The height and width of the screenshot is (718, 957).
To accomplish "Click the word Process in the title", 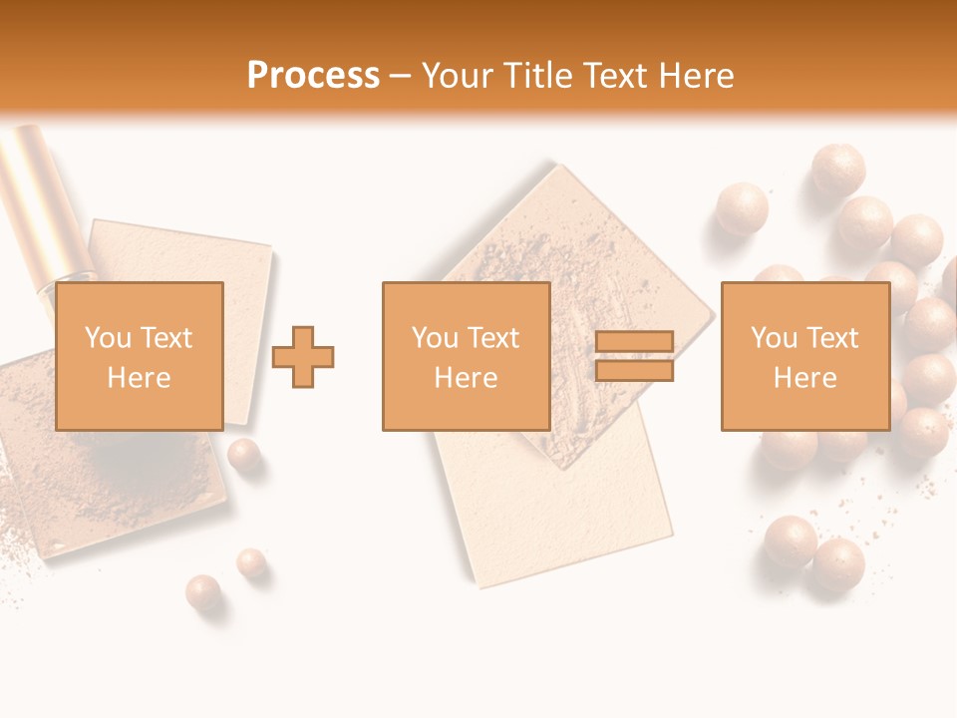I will coord(313,76).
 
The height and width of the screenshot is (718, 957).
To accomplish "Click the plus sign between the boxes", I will coord(303,357).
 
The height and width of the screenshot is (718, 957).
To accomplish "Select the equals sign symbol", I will coord(634,357).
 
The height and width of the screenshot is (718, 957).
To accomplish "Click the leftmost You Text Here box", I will coord(139,356).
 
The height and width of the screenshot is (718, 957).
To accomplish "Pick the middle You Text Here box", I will coord(466,356).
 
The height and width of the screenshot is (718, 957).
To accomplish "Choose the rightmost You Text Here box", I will coord(805,356).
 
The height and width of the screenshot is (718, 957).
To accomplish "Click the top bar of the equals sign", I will coord(634,343).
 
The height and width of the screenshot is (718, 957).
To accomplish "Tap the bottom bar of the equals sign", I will coord(634,371).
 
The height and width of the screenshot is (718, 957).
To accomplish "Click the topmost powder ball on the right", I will coord(837,168).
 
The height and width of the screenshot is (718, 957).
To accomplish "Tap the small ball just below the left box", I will coord(243,455).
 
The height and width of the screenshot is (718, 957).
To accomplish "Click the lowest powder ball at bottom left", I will coord(203,591).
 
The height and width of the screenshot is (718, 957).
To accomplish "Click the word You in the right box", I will coord(774,338).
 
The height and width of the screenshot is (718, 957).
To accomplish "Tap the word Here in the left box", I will coord(139,378).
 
